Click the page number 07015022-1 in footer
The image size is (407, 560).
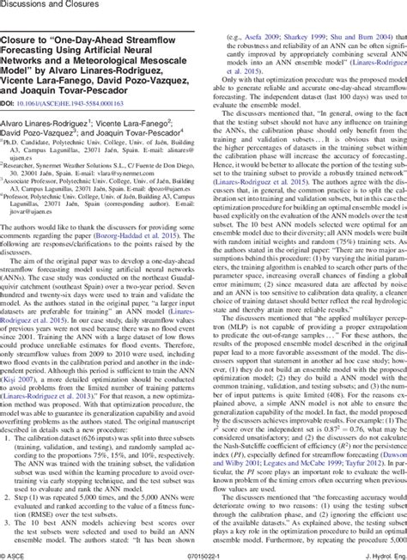point(203,553)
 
